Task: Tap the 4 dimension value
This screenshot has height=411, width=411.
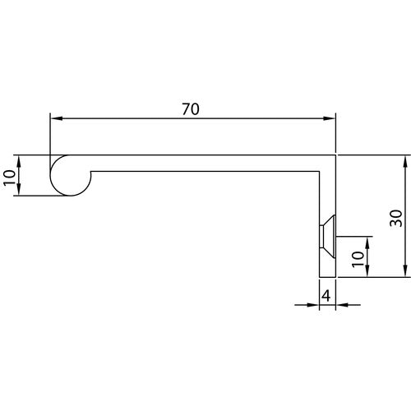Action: [326, 294]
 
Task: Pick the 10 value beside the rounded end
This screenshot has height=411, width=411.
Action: [10, 175]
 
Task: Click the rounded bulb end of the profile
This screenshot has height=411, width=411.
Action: [68, 175]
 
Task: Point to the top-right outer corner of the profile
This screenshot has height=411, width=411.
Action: [336, 155]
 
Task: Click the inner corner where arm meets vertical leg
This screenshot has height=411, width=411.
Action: [319, 170]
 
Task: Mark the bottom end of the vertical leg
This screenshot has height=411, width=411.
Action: [327, 276]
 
